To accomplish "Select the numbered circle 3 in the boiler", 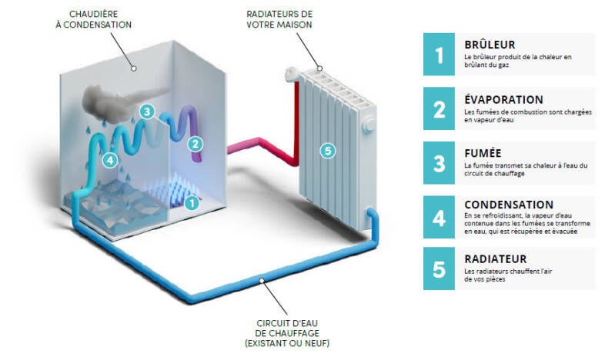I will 146,111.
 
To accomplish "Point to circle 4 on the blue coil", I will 109,160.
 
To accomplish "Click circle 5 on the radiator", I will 328,151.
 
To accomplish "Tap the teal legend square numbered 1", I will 440,55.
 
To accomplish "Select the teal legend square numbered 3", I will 440,163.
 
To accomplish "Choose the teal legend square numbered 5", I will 440,269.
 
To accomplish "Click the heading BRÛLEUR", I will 490,45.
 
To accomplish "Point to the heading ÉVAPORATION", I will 504,99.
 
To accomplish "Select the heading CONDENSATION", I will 509,205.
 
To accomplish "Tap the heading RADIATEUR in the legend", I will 496,259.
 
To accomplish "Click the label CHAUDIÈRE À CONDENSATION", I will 101,19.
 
